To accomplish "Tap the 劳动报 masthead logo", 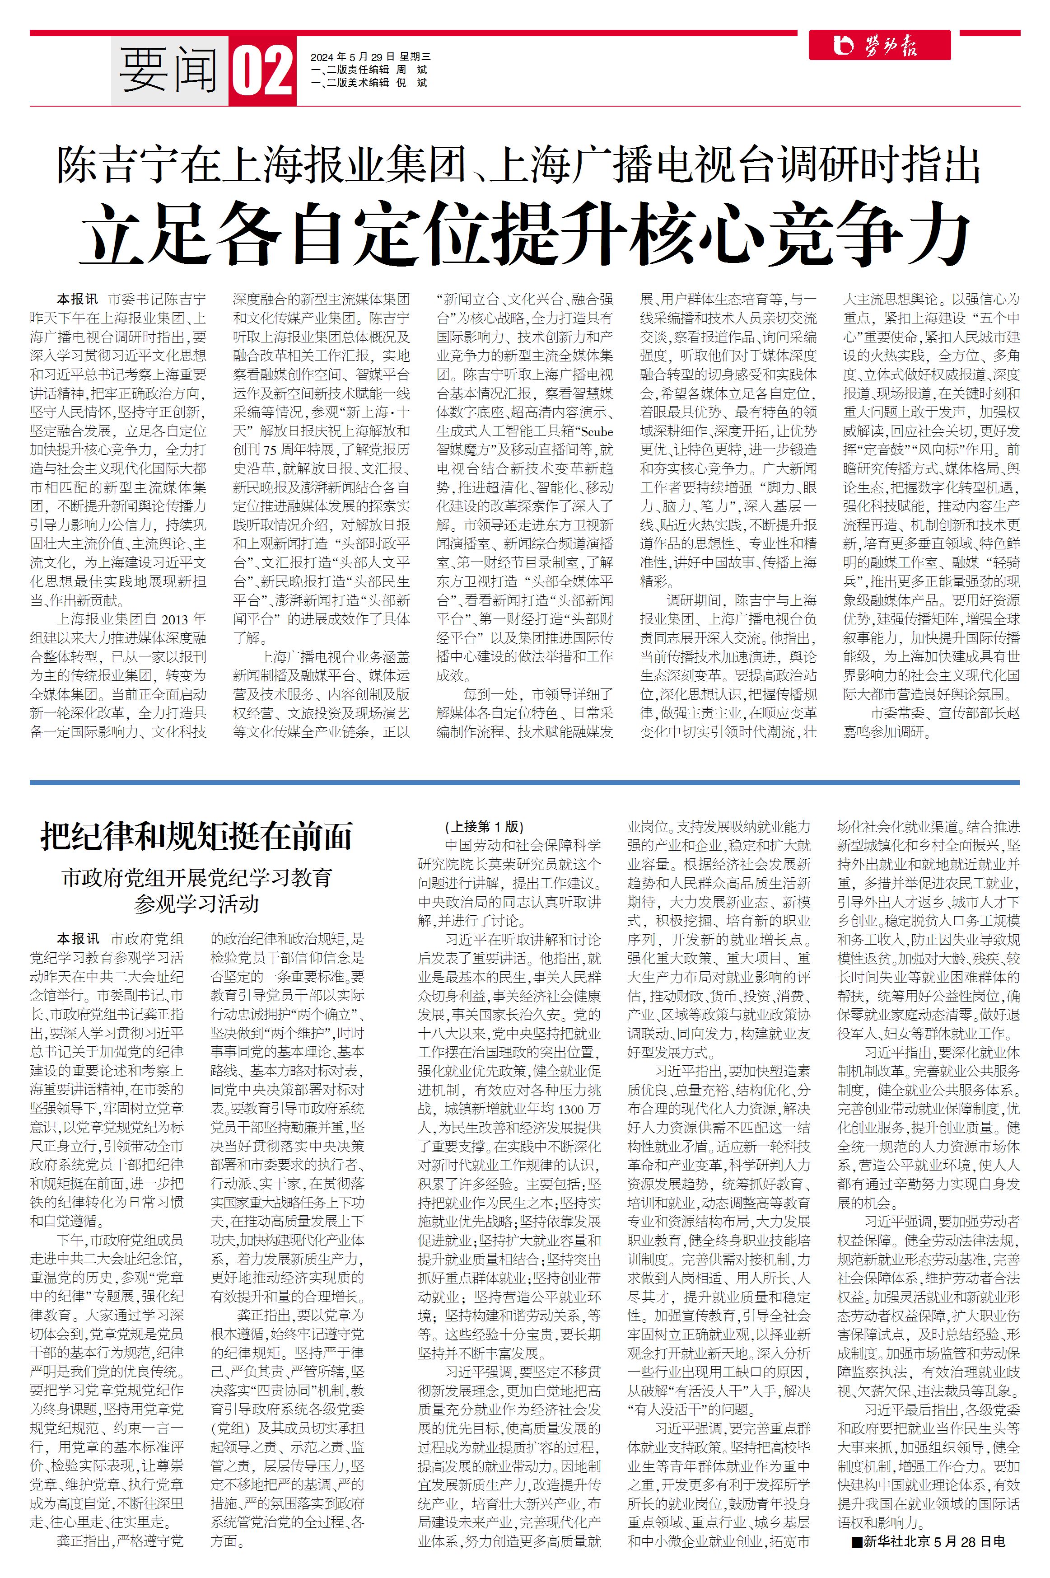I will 879,46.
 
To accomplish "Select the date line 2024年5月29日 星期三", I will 370,57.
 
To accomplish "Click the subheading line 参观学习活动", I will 196,904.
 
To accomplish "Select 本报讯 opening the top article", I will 77,300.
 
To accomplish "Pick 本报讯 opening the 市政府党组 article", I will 78,939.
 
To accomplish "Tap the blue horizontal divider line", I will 524,782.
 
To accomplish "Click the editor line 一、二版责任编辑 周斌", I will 369,70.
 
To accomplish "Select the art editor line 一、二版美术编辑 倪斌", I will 369,83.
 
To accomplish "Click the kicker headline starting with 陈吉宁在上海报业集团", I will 518,165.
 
